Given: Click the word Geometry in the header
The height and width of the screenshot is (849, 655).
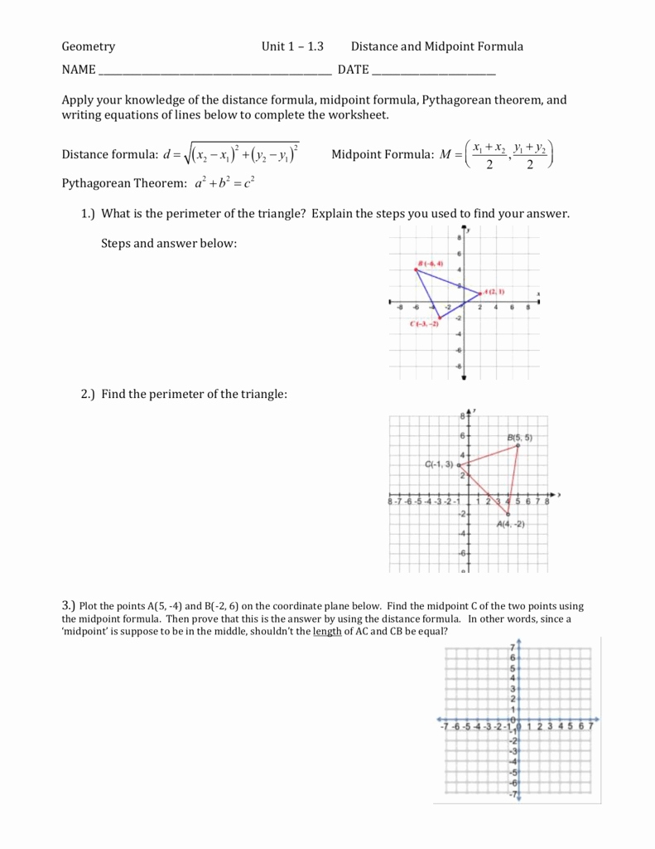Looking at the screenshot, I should tap(89, 47).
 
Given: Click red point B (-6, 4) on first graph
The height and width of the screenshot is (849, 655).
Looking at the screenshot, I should tap(417, 270).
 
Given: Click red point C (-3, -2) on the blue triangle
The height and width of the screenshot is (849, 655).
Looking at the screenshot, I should tap(440, 318).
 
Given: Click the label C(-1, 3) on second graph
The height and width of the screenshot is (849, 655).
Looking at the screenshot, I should tap(439, 464).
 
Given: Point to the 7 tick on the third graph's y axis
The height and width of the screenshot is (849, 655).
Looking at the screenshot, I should tap(513, 647).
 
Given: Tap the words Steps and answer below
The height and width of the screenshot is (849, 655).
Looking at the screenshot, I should tap(169, 244).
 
